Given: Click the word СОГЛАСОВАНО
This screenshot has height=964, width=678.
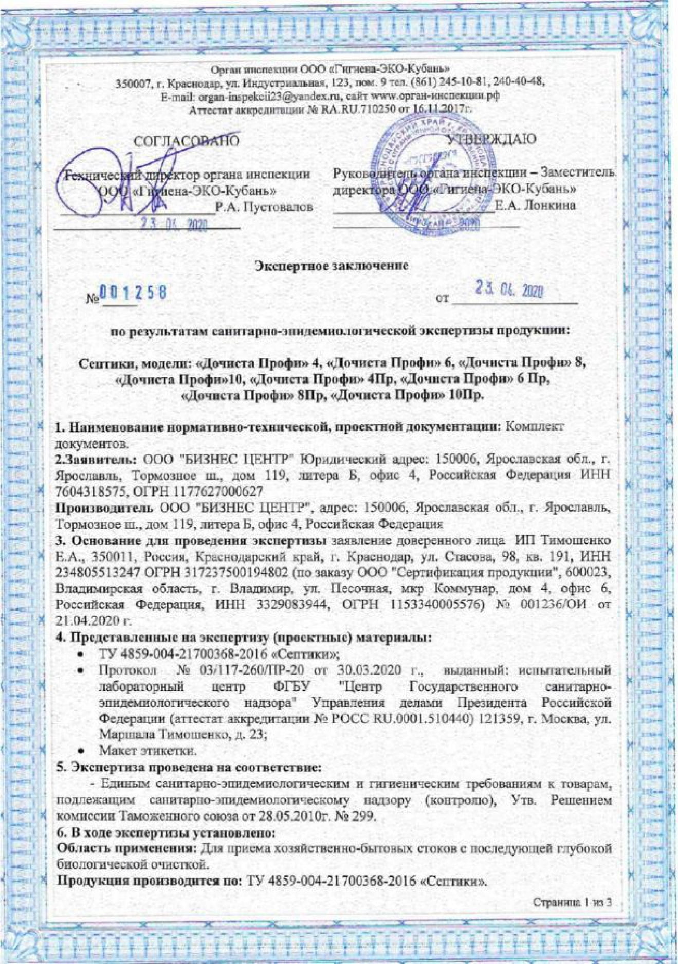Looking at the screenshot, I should pyautogui.click(x=186, y=141).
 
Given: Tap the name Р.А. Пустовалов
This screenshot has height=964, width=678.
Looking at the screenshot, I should pyautogui.click(x=264, y=207).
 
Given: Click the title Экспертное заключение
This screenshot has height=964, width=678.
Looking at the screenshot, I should pyautogui.click(x=332, y=266).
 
